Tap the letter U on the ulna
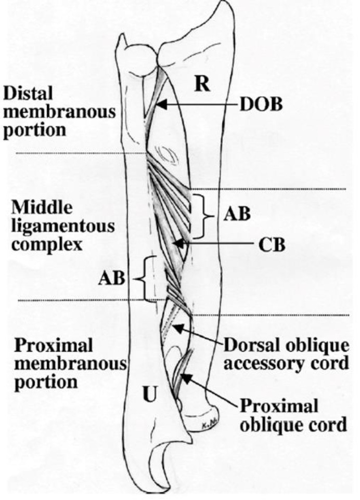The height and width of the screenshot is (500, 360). pyautogui.click(x=149, y=396)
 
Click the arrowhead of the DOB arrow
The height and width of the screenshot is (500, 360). pyautogui.click(x=160, y=104)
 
